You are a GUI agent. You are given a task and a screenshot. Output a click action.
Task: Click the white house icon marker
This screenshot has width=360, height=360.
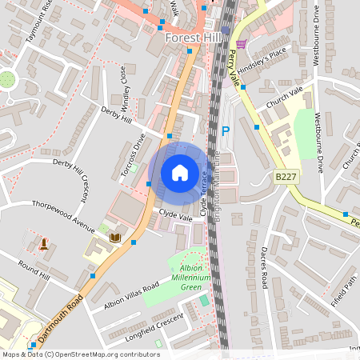click(x=179, y=172)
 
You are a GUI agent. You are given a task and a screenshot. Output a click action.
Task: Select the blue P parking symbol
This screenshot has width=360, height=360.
click(x=225, y=131)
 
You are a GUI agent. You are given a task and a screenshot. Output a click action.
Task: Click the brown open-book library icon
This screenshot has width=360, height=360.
click(x=115, y=238)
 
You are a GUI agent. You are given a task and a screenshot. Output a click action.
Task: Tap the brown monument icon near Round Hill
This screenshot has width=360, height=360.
click(x=43, y=242)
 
